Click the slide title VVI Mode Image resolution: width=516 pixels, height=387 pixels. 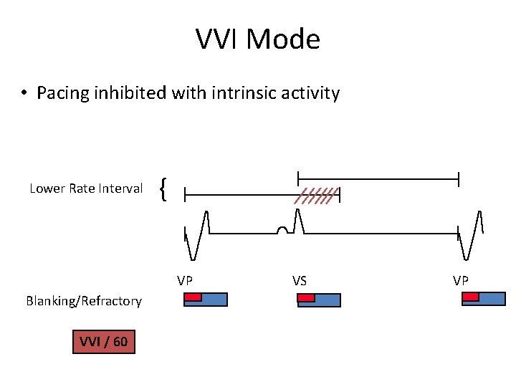258,39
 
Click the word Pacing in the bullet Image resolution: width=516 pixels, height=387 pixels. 59,93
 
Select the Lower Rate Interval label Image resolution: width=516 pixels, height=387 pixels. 86,188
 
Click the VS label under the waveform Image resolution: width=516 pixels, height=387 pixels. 299,279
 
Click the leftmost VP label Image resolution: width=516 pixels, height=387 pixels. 185,279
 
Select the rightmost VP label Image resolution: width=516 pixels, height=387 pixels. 460,279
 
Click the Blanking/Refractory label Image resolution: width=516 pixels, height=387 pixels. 84,301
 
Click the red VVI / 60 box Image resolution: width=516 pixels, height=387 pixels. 103,342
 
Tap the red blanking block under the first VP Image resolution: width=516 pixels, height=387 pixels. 193,297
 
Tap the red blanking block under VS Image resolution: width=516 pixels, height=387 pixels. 306,297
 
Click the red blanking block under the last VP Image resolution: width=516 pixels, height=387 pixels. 470,297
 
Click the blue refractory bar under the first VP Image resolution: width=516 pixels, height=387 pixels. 214,300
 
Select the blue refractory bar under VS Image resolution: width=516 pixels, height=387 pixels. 328,300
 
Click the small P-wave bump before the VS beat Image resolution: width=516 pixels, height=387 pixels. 283,230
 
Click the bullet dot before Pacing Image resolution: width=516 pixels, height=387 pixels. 24,94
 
